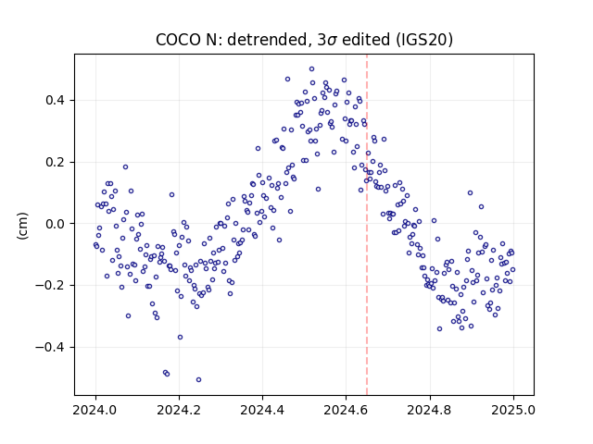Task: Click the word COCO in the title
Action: [x=178, y=40]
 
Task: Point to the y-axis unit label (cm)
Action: [x=22, y=226]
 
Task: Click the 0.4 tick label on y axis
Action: [x=55, y=101]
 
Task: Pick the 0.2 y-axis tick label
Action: [x=55, y=163]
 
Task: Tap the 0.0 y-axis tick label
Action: [x=55, y=224]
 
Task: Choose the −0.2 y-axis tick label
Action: [x=49, y=286]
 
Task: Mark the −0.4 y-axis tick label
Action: [x=49, y=347]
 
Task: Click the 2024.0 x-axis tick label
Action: [x=95, y=410]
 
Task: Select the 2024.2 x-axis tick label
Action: [x=179, y=410]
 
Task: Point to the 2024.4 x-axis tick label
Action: [x=262, y=410]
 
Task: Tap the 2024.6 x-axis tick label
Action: [x=346, y=410]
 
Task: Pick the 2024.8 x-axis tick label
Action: [x=429, y=410]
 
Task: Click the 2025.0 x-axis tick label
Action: [x=512, y=410]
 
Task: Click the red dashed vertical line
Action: [x=367, y=225]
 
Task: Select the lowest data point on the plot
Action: [x=198, y=380]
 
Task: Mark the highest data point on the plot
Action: [x=311, y=69]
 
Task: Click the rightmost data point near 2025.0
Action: [x=512, y=269]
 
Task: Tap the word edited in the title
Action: [x=366, y=40]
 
